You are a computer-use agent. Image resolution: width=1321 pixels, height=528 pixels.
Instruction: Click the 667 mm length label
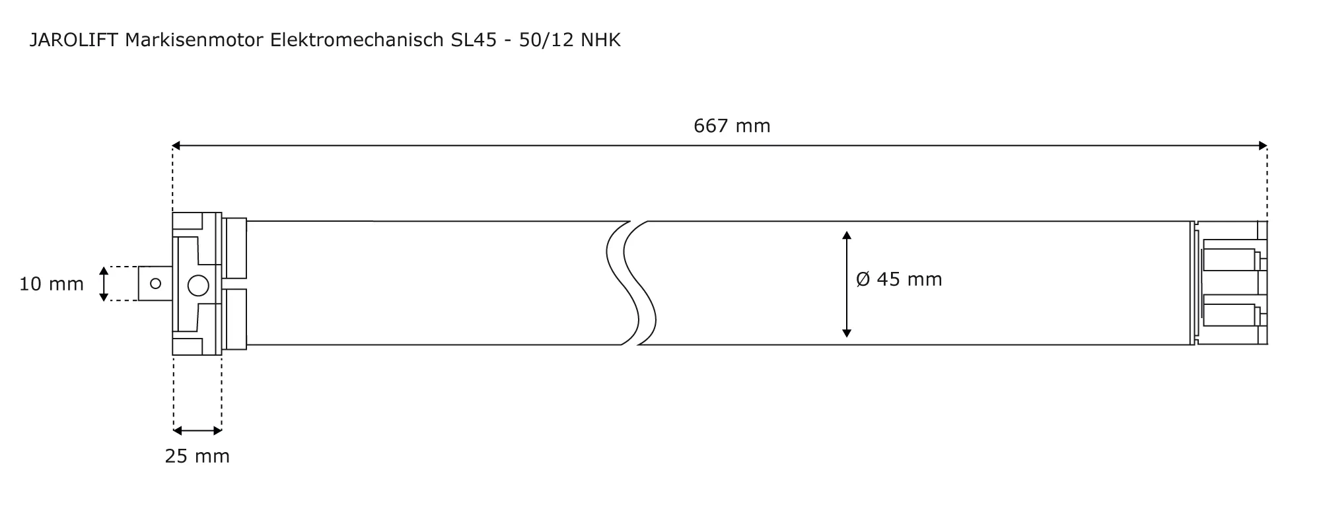(732, 125)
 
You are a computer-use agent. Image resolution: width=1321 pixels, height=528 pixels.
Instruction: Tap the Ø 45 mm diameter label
(899, 279)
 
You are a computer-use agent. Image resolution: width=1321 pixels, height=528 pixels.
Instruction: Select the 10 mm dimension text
(52, 284)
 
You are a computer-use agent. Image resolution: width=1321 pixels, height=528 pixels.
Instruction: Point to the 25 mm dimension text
(197, 456)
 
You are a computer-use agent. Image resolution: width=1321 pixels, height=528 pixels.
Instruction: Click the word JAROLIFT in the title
(74, 40)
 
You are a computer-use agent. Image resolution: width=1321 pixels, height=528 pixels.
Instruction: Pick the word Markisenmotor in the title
(195, 40)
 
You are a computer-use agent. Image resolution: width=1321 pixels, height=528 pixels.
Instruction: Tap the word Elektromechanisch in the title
(357, 40)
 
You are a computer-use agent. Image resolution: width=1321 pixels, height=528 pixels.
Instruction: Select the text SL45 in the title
(474, 40)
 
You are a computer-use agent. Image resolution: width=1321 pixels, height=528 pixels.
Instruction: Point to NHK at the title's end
(600, 40)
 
